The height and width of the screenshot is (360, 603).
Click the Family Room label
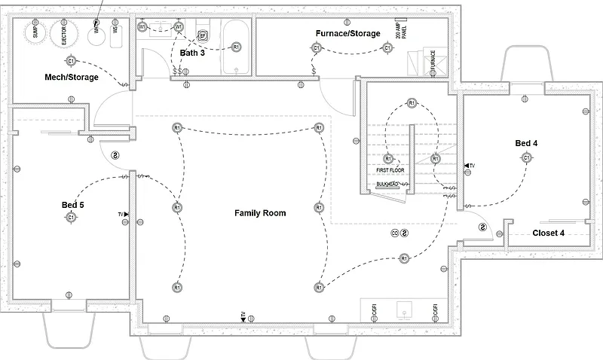tap(260, 213)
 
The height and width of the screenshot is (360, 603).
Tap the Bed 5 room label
tap(72, 205)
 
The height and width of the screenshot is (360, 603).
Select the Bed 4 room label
tap(525, 143)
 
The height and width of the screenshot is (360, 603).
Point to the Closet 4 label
tap(548, 233)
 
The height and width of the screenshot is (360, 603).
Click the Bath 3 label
tap(191, 53)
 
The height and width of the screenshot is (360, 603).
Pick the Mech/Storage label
tap(72, 77)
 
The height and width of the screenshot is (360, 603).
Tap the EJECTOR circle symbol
tap(64, 32)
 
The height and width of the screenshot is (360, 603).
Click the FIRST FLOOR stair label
tap(391, 171)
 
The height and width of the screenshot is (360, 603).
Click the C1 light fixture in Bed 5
tap(70, 217)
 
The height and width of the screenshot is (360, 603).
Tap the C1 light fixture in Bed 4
tap(525, 157)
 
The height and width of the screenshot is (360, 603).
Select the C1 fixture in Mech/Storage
tap(71, 60)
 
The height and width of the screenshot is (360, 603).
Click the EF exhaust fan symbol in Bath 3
tap(202, 35)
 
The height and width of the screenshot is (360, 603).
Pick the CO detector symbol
tap(394, 233)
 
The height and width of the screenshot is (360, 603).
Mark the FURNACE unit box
tap(432, 60)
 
